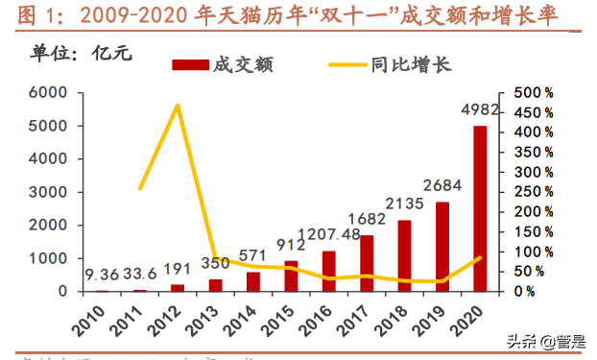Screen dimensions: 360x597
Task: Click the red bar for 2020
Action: click(479, 208)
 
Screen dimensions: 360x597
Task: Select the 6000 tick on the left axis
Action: click(46, 93)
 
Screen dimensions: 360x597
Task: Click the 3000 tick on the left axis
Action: click(46, 192)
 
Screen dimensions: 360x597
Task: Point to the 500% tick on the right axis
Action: click(534, 93)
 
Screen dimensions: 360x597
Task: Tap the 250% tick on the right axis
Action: click(534, 192)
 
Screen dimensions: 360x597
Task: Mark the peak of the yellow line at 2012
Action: click(179, 105)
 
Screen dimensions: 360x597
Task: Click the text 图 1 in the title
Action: click(35, 14)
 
